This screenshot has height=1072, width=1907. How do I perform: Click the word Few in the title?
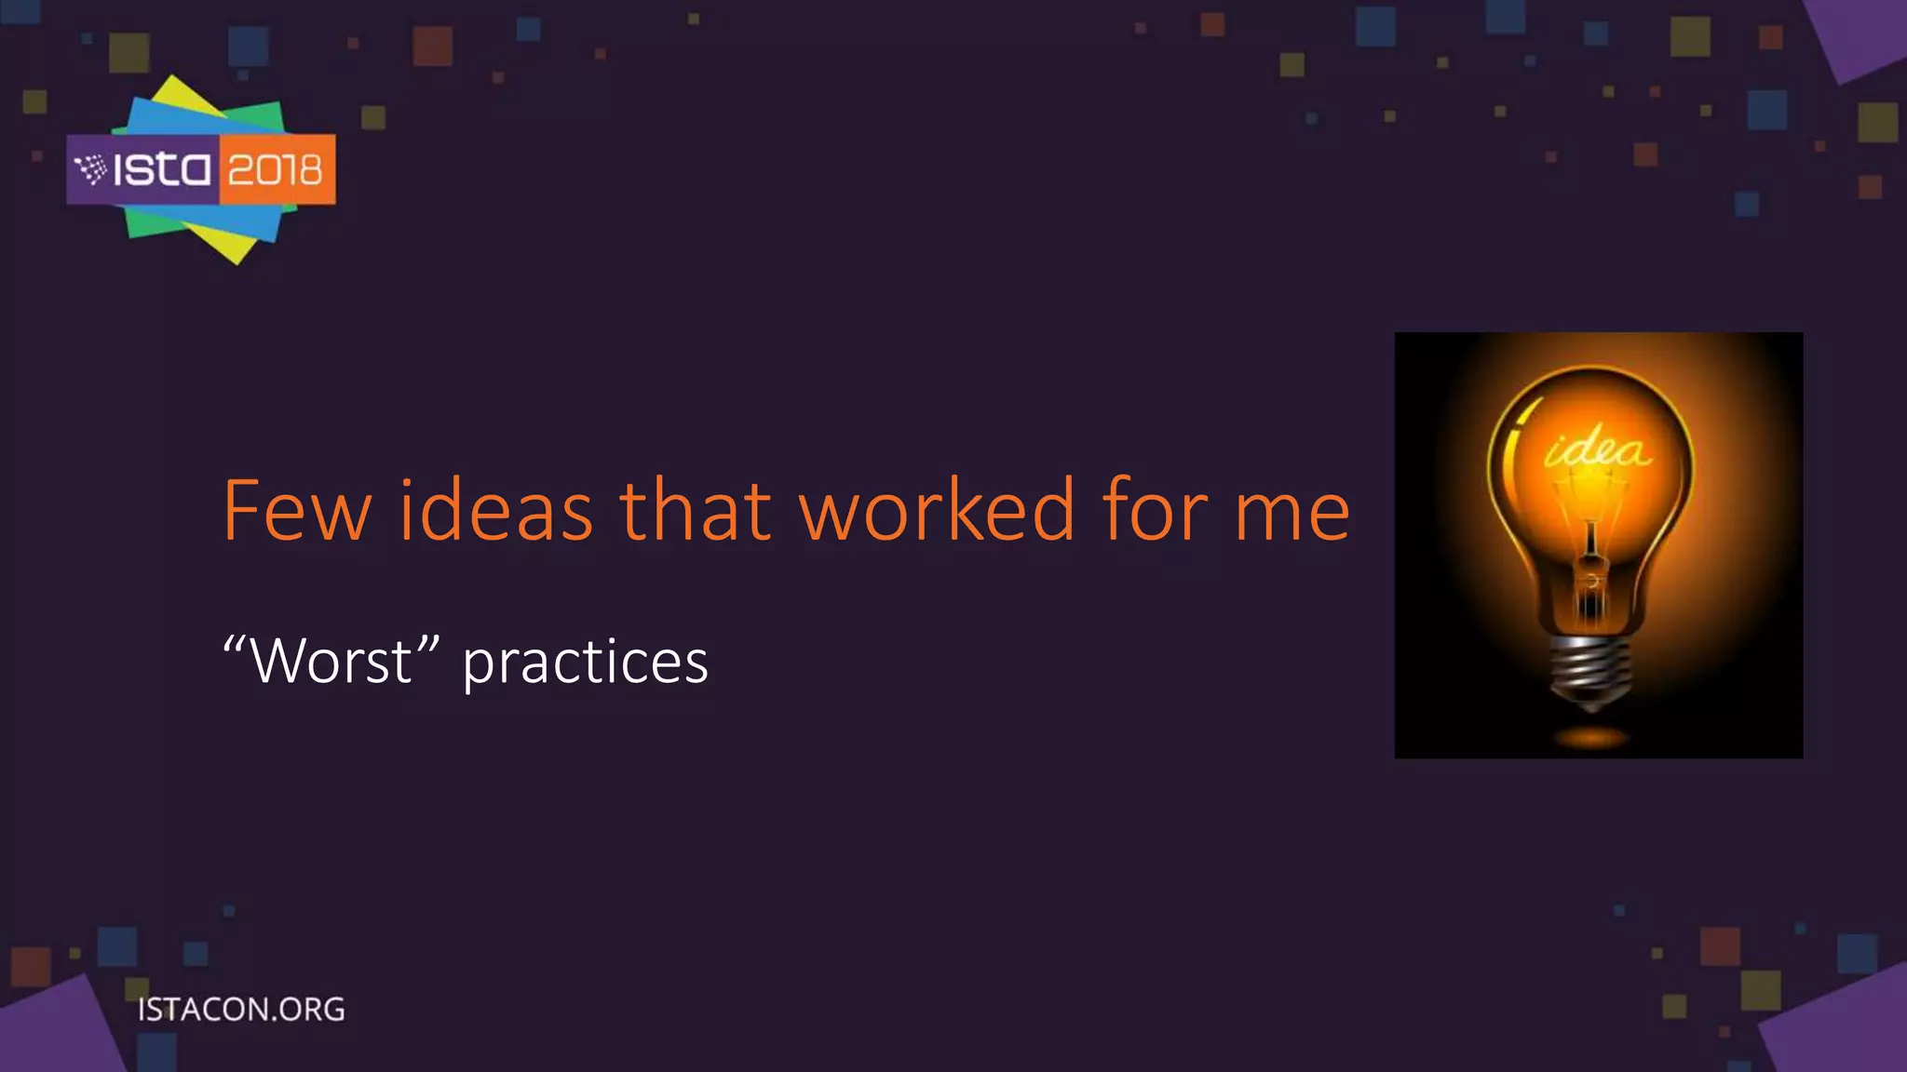296,511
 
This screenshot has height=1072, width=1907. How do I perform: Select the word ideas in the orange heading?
495,511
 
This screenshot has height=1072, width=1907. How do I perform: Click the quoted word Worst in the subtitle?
331,662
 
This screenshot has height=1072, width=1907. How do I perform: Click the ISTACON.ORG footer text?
241,1010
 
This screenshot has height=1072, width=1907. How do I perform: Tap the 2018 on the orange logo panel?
276,170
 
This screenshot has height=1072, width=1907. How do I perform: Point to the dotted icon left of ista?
90,169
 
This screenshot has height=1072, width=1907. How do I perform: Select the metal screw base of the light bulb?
1591,670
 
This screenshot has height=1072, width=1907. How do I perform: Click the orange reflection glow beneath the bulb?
1592,739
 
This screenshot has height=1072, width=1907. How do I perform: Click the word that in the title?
695,511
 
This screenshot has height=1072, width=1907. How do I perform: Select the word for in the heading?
1155,511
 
